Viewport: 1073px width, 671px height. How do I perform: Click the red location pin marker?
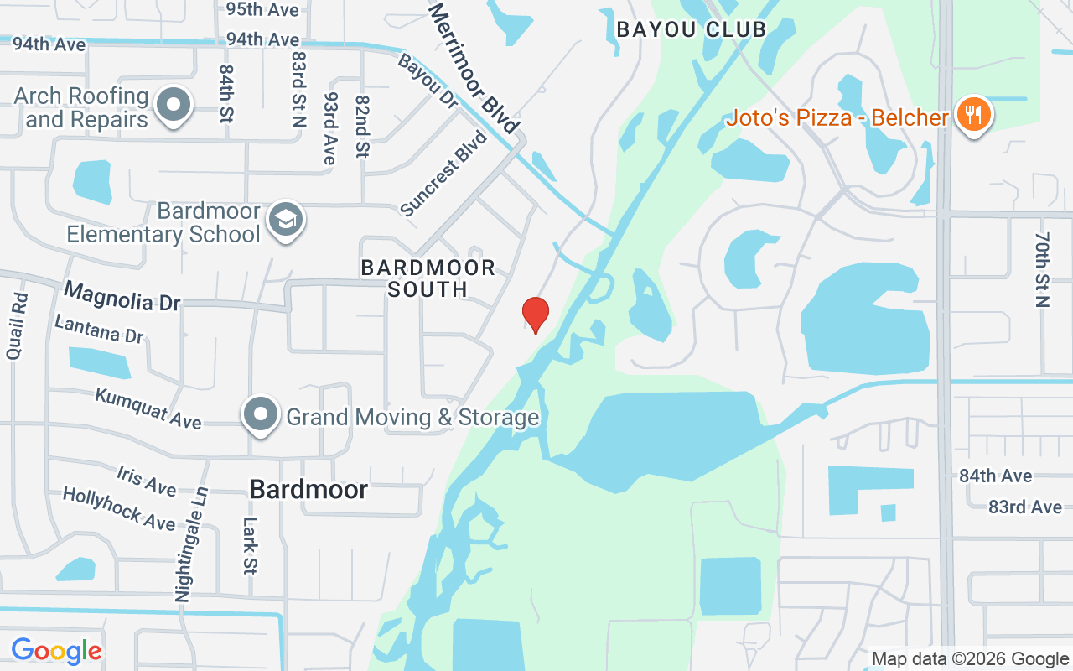tap(536, 315)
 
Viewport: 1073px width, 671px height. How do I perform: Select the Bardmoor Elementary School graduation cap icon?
tap(286, 221)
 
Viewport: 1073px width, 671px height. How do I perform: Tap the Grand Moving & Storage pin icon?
tap(261, 414)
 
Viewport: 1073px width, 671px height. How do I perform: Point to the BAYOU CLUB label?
tap(691, 30)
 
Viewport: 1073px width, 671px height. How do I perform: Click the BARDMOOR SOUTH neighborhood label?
tap(428, 278)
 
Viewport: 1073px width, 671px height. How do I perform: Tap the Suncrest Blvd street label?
tap(443, 174)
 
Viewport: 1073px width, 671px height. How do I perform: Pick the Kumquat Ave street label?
tap(148, 408)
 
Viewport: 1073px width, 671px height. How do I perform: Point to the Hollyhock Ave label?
tap(119, 508)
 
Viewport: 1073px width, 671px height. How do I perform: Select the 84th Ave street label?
tap(996, 476)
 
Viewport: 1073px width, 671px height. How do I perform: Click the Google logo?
tap(57, 651)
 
